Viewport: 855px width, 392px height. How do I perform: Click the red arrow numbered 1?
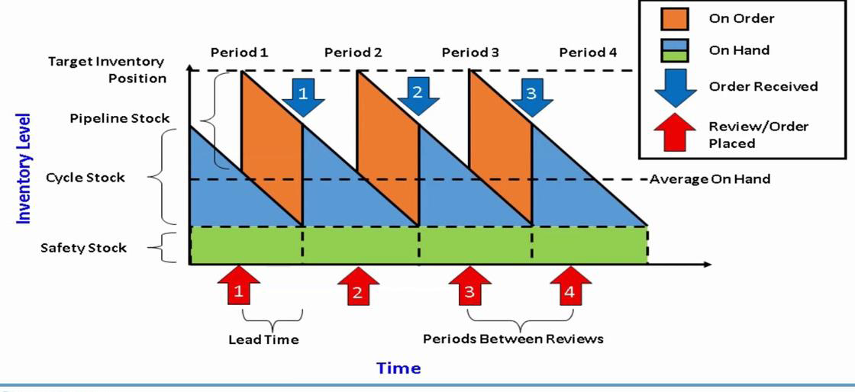pos(239,288)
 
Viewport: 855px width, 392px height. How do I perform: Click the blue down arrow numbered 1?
pos(303,96)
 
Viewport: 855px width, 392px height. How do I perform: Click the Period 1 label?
pos(239,53)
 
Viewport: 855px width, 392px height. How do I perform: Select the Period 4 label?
pos(588,53)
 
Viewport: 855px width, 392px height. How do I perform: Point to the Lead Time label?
pos(263,339)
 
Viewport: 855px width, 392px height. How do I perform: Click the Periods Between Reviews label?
pos(513,339)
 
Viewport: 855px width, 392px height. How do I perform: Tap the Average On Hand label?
pos(710,179)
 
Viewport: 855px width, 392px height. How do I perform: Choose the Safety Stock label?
pos(84,248)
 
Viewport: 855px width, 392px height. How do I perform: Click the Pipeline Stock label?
pos(120,118)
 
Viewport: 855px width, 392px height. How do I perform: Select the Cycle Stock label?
pos(85,178)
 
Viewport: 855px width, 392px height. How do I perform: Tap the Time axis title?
pos(398,368)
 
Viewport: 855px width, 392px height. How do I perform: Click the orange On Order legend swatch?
pos(676,19)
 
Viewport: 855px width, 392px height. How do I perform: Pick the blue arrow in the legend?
pos(676,87)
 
